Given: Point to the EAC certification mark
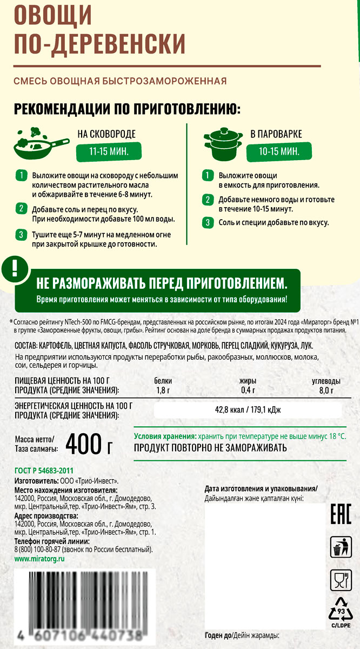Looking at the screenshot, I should coord(341,513).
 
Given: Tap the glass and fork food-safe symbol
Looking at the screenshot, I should coord(341,581).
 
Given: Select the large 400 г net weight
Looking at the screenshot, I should coord(89,444).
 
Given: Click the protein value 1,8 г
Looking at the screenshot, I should coord(163,390).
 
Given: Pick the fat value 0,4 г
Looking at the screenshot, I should coord(248,390).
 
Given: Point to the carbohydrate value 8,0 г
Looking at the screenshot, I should coord(326,390).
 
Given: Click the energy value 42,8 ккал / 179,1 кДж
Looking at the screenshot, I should coord(248,410).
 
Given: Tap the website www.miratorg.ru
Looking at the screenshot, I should coord(39,558).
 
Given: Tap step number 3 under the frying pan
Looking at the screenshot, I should coord(21,235).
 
